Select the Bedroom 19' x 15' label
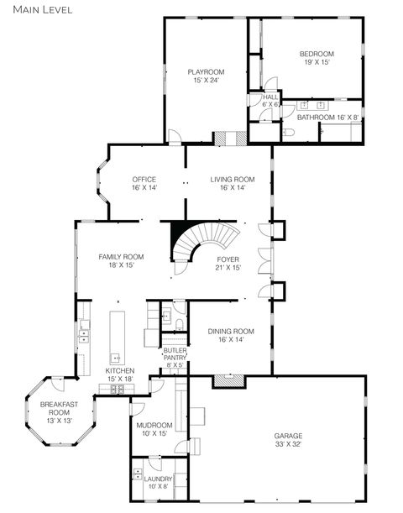coord(317,58)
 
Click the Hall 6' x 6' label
coord(270,101)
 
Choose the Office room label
coord(144,183)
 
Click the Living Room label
coord(232,183)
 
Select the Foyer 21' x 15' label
coord(228,264)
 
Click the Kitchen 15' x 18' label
coord(119,374)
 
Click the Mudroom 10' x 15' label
coord(155,429)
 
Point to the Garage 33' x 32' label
coord(288,440)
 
